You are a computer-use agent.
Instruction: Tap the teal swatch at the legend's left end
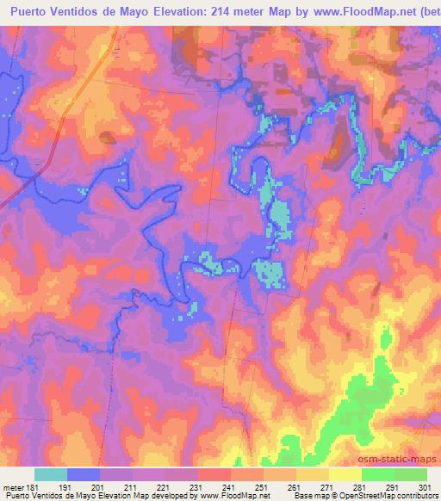(x=51, y=474)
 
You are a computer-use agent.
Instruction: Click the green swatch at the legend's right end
(x=411, y=474)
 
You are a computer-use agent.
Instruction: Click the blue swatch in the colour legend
(x=84, y=474)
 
